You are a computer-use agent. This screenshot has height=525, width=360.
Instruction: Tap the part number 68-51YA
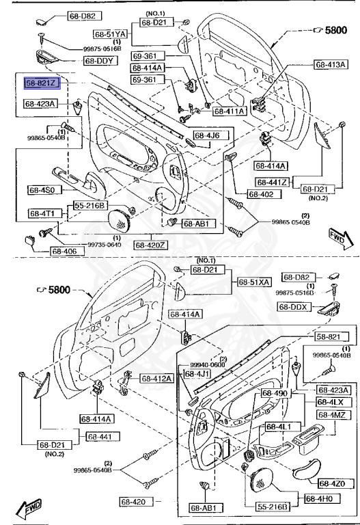click(x=111, y=33)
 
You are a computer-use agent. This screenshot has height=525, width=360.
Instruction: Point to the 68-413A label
click(x=331, y=65)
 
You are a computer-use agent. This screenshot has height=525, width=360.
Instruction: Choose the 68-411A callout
click(x=230, y=111)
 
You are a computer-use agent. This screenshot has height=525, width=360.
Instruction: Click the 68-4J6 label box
click(x=206, y=135)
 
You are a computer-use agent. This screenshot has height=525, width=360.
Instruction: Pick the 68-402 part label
click(x=260, y=194)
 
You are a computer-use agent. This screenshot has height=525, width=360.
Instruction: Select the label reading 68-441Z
click(x=273, y=182)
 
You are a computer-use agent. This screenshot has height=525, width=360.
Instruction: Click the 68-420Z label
click(x=151, y=244)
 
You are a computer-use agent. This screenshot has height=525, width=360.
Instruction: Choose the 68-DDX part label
click(x=295, y=308)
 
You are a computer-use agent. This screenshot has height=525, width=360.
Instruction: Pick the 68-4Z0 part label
click(x=329, y=484)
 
